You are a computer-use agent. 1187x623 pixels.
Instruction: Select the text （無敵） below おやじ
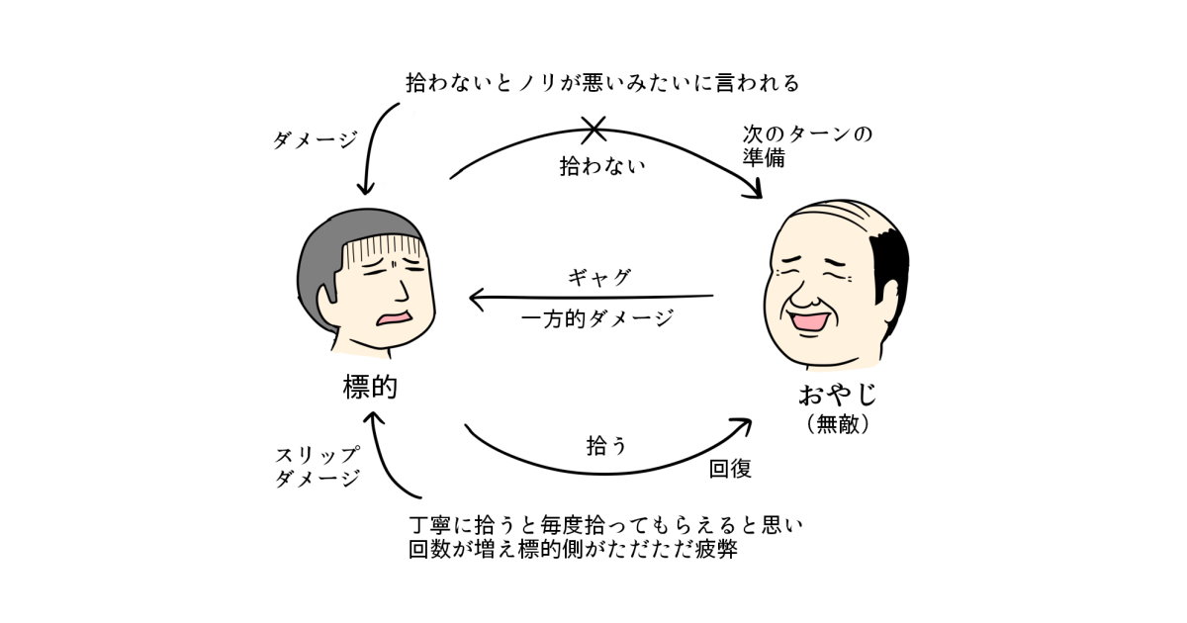point(838,425)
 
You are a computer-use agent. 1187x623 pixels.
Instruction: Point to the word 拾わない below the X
point(602,165)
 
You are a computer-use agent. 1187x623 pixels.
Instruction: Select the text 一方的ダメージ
point(596,318)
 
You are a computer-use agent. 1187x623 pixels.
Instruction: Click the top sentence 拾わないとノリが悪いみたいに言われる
point(602,83)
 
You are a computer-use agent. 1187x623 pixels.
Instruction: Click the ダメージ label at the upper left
point(315,140)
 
